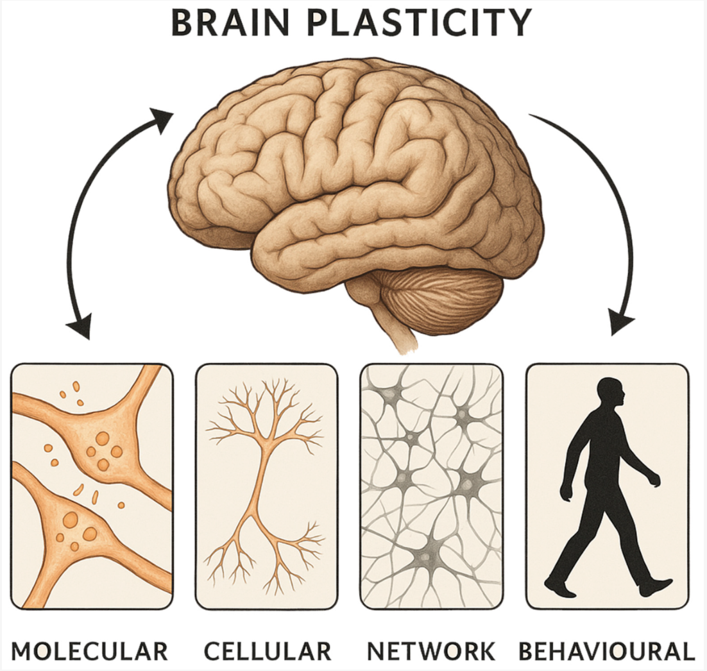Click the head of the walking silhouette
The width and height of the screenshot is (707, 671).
coord(610,393)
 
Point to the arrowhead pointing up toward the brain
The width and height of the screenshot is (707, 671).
coord(162,119)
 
